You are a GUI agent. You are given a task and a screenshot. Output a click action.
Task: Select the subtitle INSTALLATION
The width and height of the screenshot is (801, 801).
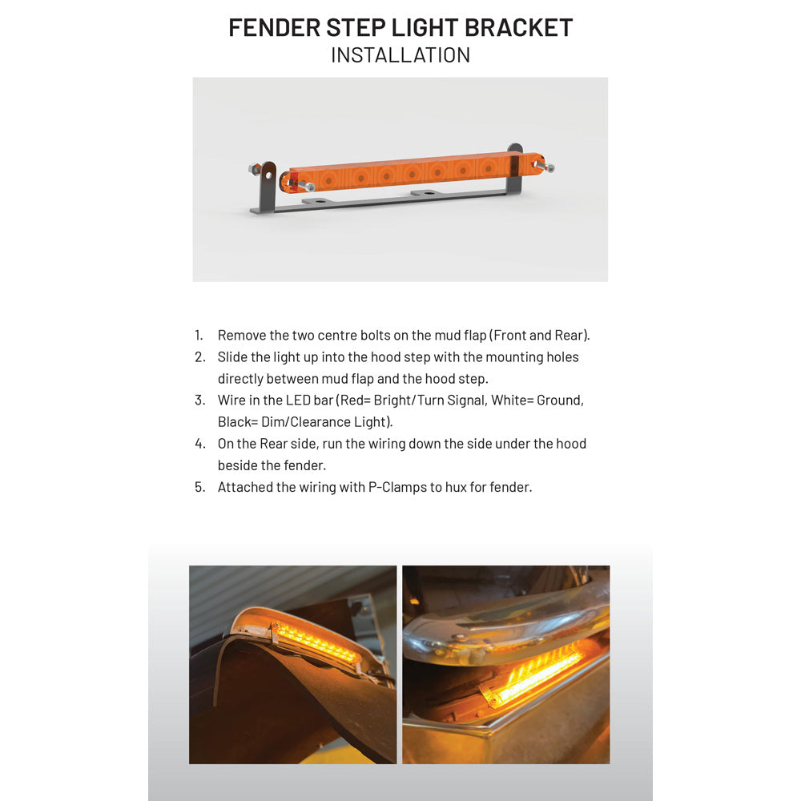click(400, 54)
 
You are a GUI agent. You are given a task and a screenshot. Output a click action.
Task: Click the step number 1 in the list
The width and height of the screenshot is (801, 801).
click(199, 335)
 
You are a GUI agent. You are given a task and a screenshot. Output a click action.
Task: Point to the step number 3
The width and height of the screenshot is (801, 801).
click(199, 400)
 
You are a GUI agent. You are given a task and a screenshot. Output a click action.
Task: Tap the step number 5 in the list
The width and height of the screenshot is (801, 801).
click(199, 486)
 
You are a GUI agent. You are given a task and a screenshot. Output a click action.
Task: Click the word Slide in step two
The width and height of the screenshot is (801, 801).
click(233, 356)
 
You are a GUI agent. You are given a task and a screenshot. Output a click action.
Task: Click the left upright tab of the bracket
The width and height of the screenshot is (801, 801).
click(266, 184)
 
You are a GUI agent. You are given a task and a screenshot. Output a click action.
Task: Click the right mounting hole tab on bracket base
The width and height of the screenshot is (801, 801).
click(429, 193)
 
